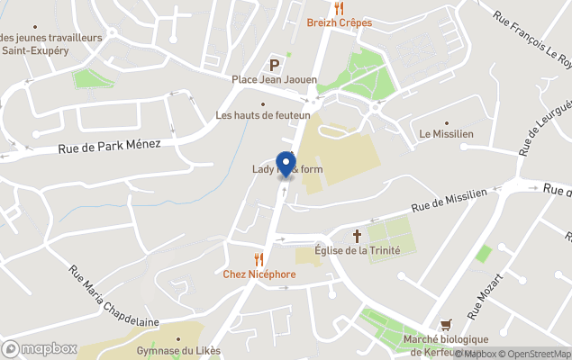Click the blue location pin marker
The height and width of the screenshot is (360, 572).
coord(286,165)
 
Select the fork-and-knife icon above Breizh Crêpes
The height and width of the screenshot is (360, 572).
coord(339,8)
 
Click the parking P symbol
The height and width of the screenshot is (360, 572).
coord(274,64)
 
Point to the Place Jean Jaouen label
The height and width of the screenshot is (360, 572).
coord(274,80)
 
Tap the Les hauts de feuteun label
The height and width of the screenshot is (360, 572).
coord(263,115)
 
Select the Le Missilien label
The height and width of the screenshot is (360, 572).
coord(447,134)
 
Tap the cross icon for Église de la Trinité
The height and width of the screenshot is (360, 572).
coord(357,236)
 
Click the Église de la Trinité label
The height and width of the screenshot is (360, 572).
coord(357,250)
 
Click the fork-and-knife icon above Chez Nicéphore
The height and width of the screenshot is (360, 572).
coord(259,259)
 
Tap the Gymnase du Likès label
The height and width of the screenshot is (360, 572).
coord(178,351)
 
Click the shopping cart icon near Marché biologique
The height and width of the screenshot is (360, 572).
coord(445,324)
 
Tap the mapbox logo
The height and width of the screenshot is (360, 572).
coord(40,348)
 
